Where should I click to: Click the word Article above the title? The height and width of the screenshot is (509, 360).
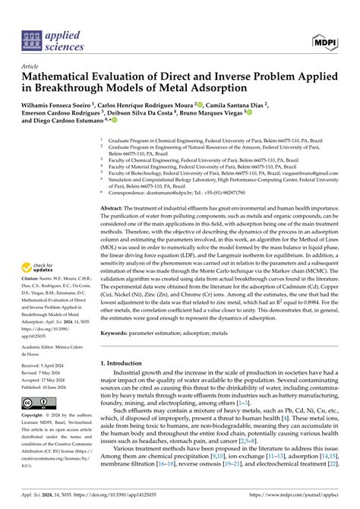(x=32, y=66)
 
